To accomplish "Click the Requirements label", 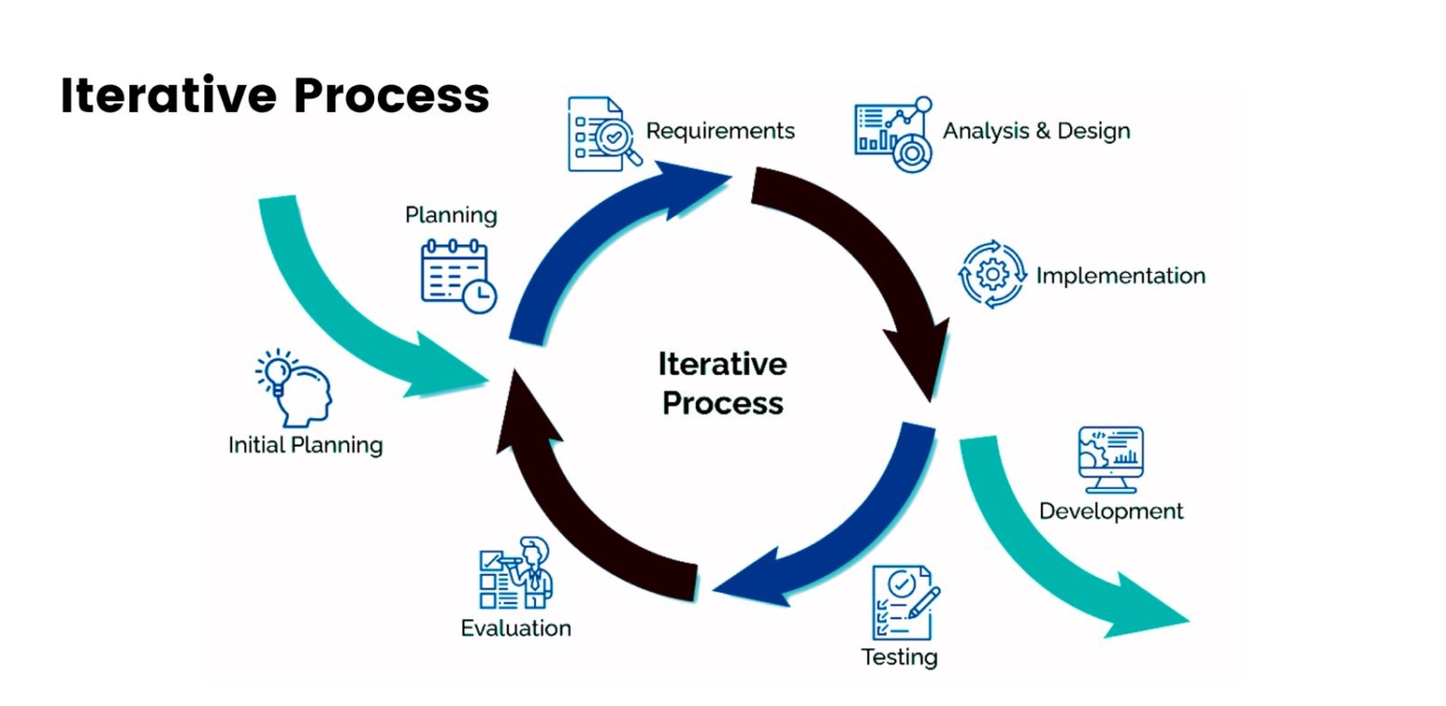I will point(720,130).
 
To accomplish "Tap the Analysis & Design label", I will point(1036,130).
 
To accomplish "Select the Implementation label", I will point(1120,276).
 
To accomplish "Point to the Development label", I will point(1111,511).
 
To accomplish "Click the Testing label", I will point(898,658).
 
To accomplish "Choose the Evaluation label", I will point(516,629).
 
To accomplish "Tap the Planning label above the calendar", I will point(450,214).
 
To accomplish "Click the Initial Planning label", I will point(306,445).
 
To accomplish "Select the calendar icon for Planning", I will point(458,276).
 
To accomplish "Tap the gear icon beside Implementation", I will point(992,275).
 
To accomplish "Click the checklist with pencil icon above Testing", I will point(904,602).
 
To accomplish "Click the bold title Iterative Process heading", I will point(275,95).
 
